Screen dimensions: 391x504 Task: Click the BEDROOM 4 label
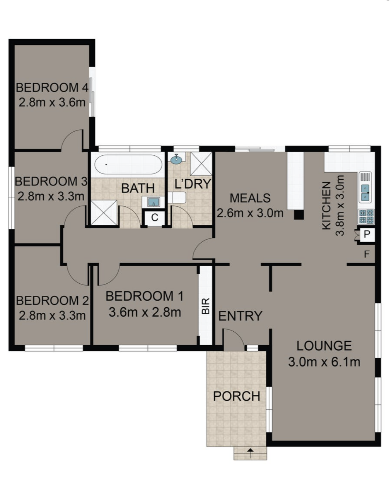point(52,88)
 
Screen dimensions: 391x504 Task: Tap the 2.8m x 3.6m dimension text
point(52,102)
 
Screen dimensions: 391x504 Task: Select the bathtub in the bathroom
point(128,165)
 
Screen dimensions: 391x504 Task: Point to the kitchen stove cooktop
point(366,216)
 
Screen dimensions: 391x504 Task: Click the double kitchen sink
point(365,193)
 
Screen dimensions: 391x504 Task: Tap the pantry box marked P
point(366,235)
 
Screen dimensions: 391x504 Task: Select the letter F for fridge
point(367,255)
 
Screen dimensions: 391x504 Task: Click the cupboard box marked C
point(155,218)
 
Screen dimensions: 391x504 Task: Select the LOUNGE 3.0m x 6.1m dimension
point(324,362)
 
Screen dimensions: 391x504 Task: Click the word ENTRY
point(240,316)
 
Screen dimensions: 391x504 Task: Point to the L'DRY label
point(192,184)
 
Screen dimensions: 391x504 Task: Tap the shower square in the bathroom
point(104,213)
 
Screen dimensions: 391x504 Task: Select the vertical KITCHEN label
point(327,206)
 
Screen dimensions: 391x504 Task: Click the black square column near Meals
point(299,214)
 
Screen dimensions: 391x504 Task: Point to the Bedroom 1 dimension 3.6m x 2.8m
point(145,312)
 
